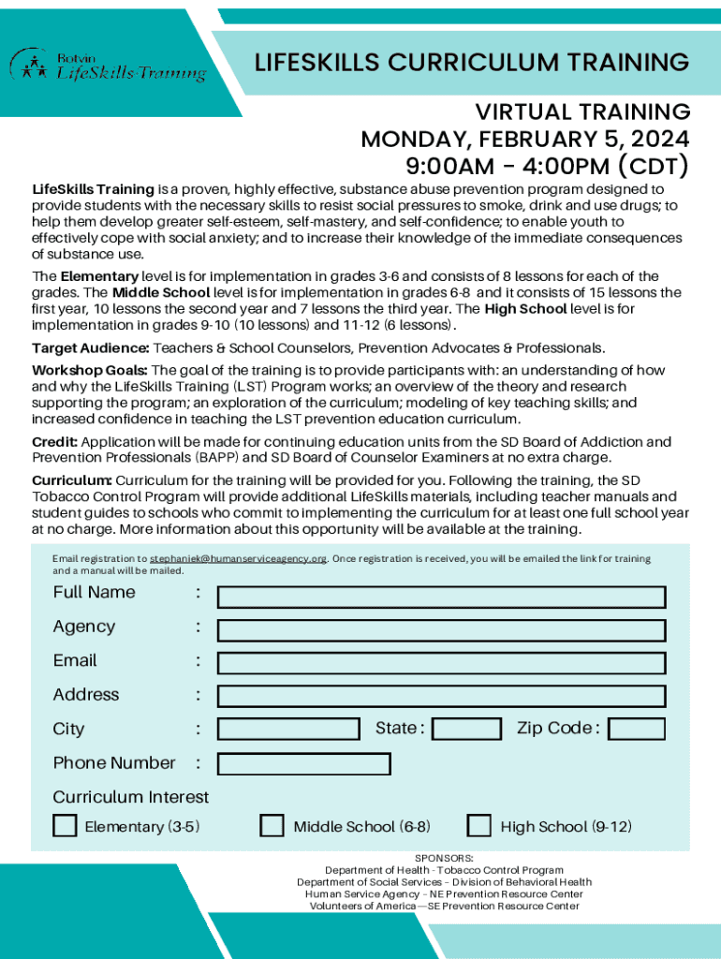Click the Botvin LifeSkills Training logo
click(x=108, y=66)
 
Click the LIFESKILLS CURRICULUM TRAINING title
click(x=472, y=63)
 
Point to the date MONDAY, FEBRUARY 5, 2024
click(x=525, y=140)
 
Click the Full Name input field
click(x=441, y=597)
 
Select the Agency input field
click(x=441, y=630)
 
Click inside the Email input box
click(x=441, y=663)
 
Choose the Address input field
click(x=441, y=696)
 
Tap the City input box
click(x=288, y=729)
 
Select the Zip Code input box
click(x=642, y=729)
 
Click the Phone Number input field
click(x=303, y=763)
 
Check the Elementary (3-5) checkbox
click(x=65, y=825)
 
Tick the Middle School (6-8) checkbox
click(x=272, y=825)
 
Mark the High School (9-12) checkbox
click(x=479, y=825)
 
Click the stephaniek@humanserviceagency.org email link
click(x=238, y=559)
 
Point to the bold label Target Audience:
click(x=90, y=347)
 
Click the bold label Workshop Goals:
click(x=89, y=370)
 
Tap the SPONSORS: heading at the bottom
click(x=444, y=858)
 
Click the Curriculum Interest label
click(x=131, y=797)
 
